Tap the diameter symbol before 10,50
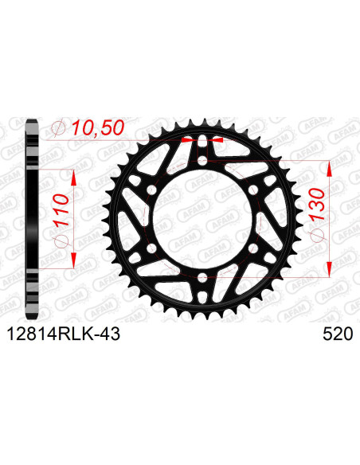coord(58,127)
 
